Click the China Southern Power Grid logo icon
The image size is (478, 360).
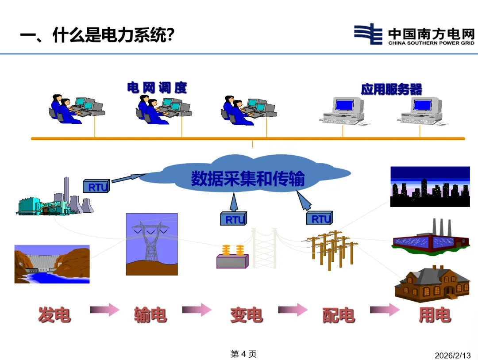[x=368, y=34]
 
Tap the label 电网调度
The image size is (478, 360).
[x=157, y=88]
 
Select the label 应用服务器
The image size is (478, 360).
[x=391, y=89]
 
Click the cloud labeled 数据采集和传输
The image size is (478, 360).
[x=247, y=177]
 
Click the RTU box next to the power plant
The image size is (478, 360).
[x=96, y=187]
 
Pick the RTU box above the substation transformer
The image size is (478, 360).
[x=233, y=218]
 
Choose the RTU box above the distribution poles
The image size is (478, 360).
[x=319, y=218]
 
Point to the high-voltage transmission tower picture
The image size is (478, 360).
[x=151, y=245]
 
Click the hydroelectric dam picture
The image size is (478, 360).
[x=52, y=264]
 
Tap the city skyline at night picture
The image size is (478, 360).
[x=430, y=187]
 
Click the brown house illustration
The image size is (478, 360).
[x=432, y=283]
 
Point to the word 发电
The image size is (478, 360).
[x=54, y=315]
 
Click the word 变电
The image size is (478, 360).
[x=246, y=315]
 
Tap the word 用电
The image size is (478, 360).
[x=435, y=315]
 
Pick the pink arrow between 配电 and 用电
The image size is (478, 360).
[x=385, y=310]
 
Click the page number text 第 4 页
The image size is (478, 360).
[x=243, y=354]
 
